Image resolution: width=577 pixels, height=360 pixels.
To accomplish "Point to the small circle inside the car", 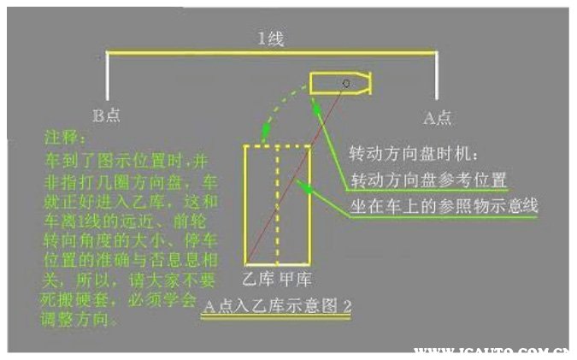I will coord(345,84).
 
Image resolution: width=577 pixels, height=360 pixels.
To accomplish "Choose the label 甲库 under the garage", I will coord(293,280).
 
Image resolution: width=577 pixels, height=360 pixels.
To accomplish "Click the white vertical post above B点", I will coord(108,77).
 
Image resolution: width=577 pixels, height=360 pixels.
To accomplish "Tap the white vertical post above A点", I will coord(437,77).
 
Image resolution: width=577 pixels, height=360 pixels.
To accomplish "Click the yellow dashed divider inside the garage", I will coord(278,205).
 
